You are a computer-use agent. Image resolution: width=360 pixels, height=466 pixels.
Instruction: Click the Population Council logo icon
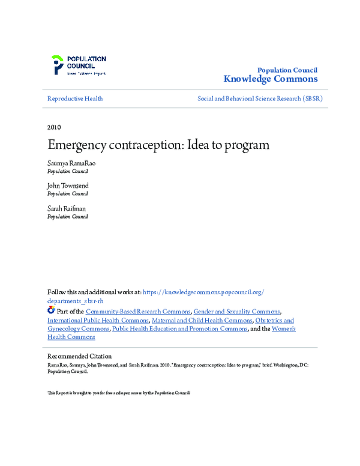pyautogui.click(x=57, y=64)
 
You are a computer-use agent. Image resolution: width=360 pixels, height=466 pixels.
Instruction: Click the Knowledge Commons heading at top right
pyautogui.click(x=270, y=79)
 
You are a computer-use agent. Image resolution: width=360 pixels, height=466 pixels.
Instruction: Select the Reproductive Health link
pyautogui.click(x=75, y=98)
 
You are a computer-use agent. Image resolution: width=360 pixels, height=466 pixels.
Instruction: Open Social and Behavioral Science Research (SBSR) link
pyautogui.click(x=260, y=98)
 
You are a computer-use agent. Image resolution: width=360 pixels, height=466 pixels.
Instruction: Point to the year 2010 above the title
pyautogui.click(x=53, y=127)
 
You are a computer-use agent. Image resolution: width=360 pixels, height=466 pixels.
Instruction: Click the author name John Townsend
pyautogui.click(x=68, y=186)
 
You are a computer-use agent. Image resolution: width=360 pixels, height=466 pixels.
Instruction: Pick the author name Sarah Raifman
pyautogui.click(x=67, y=208)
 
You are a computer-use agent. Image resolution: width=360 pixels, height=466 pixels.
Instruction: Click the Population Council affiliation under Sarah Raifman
pyautogui.click(x=67, y=216)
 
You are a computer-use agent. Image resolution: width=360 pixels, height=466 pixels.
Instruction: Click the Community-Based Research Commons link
pyautogui.click(x=139, y=312)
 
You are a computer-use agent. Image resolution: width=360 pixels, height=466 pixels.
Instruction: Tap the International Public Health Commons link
pyautogui.click(x=97, y=320)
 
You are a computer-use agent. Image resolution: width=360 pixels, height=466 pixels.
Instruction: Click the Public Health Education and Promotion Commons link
pyautogui.click(x=179, y=328)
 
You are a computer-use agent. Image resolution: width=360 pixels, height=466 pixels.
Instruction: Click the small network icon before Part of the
pyautogui.click(x=51, y=311)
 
